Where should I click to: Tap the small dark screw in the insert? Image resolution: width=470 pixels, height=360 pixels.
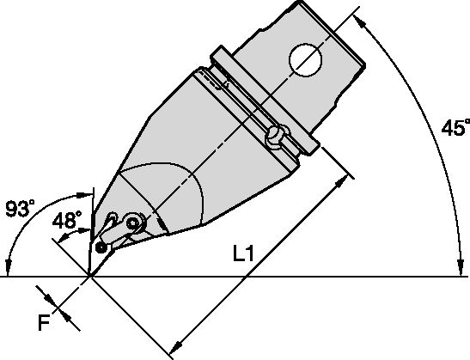tap(103, 247)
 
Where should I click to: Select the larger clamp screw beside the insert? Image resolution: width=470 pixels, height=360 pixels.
tap(133, 223)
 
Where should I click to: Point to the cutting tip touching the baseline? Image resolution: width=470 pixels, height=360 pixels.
tap(90, 276)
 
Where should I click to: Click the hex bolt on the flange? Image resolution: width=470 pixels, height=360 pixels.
tap(277, 135)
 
